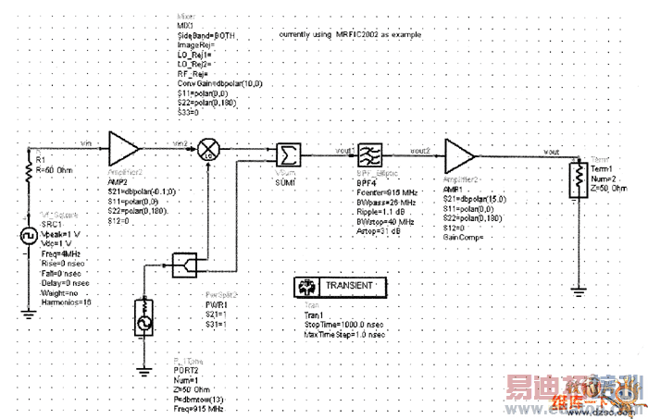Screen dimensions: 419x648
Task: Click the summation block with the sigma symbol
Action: pyautogui.click(x=288, y=155)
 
